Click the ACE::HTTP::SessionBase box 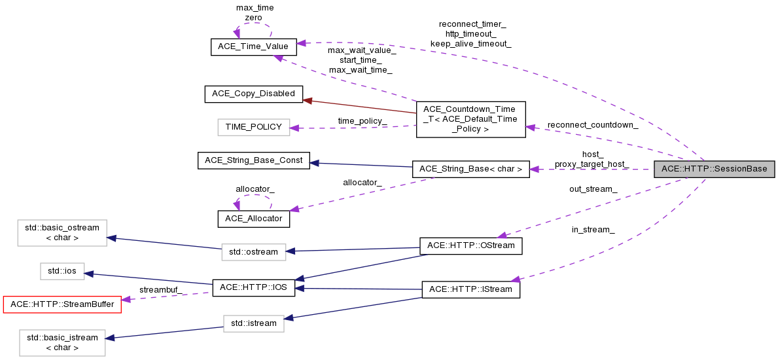715,169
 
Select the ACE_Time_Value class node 254,47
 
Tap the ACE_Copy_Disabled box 254,94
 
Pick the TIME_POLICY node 253,127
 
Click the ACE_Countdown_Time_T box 470,119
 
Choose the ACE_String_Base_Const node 253,160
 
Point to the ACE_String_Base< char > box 470,169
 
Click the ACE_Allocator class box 253,218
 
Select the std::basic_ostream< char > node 62,233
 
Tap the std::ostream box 253,251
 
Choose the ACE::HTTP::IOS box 253,288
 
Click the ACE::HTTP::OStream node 470,245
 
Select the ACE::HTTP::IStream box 470,289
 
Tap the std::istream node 253,323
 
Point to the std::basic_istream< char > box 62,343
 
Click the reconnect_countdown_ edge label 593,124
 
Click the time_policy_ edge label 362,121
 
